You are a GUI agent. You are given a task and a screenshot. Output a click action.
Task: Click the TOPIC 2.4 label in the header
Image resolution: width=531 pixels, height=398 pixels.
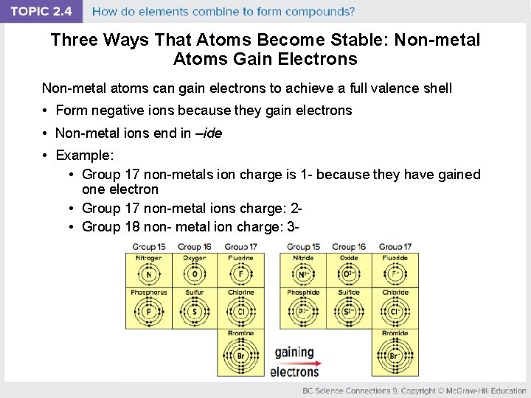coord(41,11)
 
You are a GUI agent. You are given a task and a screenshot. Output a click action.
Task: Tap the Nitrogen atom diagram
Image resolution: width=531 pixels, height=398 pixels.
coord(149,274)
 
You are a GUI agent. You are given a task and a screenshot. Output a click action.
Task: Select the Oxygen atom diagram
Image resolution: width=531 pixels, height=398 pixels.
coord(195,274)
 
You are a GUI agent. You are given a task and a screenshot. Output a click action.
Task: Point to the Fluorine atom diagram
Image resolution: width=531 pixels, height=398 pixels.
coord(240,274)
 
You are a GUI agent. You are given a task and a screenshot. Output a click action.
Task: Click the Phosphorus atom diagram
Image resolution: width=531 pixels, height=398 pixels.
coord(149,311)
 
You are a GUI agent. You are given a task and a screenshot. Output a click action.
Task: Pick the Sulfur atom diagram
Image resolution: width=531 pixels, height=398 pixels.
coord(195,311)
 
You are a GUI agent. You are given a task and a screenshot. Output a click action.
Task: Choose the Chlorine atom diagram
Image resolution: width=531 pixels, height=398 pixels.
coord(240,311)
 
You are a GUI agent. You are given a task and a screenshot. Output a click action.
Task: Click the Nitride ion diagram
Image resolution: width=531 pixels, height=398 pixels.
coord(303,274)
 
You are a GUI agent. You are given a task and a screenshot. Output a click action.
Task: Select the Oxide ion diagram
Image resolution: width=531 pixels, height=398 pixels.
coord(349,274)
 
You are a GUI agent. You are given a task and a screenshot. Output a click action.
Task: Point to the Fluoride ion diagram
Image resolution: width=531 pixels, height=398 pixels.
coord(395,274)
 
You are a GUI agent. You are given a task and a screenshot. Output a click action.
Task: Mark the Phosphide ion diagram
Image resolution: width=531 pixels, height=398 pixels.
coord(303,311)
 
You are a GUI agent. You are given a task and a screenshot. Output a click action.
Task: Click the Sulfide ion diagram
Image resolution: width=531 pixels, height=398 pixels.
coord(349,311)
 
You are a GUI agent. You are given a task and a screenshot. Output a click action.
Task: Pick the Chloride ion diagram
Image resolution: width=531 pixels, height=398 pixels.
coord(395,311)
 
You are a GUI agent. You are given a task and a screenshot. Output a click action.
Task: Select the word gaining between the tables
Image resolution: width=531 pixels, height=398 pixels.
coord(294,352)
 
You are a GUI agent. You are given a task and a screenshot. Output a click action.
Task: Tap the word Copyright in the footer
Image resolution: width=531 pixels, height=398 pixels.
coord(417,391)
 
